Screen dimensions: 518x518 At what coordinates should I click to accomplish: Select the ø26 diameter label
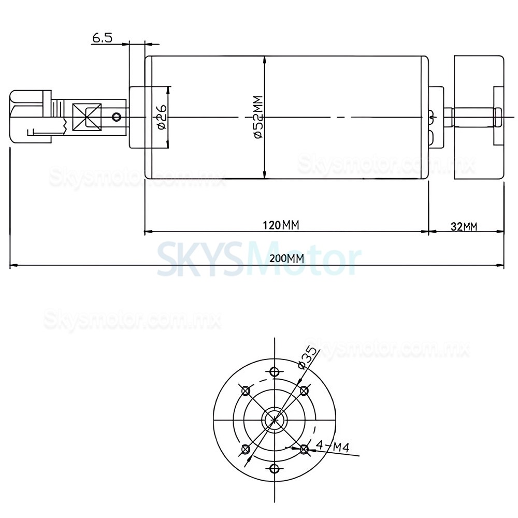pyautogui.click(x=161, y=118)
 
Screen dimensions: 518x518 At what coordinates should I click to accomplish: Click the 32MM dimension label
pyautogui.click(x=464, y=226)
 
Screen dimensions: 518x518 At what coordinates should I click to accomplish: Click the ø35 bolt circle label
pyautogui.click(x=307, y=357)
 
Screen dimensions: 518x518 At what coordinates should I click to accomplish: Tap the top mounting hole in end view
pyautogui.click(x=275, y=371)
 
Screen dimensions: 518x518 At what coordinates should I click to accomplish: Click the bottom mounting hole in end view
pyautogui.click(x=275, y=469)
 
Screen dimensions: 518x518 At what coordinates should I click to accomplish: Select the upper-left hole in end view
pyautogui.click(x=246, y=390)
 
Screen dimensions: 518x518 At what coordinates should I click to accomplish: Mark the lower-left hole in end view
pyautogui.click(x=246, y=449)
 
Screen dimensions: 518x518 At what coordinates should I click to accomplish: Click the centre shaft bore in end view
pyautogui.click(x=275, y=420)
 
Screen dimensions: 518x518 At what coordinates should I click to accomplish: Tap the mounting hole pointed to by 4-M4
pyautogui.click(x=304, y=449)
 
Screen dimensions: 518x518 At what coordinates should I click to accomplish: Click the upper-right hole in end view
pyautogui.click(x=304, y=390)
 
